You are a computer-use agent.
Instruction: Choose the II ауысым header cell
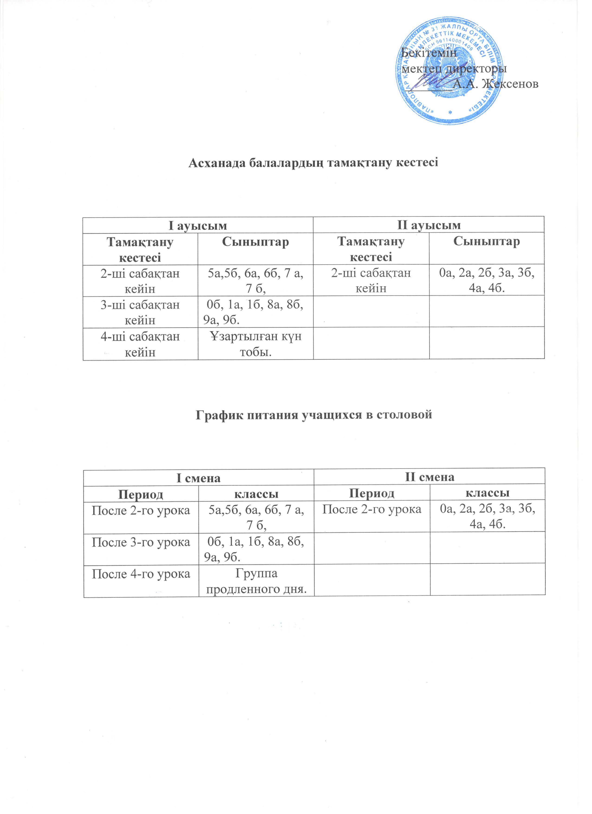429,225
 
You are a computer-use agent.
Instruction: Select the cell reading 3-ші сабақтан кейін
140,311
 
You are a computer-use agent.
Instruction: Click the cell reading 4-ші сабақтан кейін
140,344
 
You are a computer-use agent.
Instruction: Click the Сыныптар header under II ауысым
487,242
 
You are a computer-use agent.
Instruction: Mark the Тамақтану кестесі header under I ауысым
140,249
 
